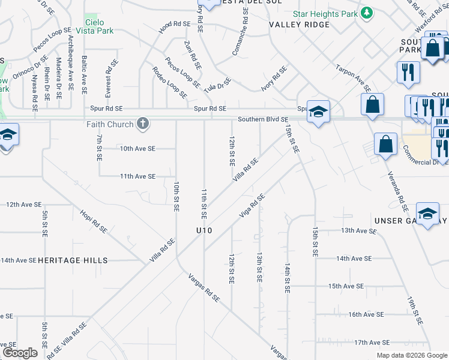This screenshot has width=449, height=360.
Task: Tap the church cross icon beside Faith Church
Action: pos(142,124)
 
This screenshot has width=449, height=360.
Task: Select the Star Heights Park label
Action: pos(324,13)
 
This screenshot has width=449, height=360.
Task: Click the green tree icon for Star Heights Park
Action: pos(366,13)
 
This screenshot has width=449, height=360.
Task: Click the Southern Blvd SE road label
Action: pos(263,119)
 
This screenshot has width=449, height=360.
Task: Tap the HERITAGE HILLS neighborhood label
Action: pos(73,260)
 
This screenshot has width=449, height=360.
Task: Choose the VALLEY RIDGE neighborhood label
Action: pos(300,25)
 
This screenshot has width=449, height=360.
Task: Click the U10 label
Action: pos(204,230)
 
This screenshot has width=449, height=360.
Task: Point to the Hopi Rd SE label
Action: pos(94,221)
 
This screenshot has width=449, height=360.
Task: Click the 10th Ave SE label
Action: pos(137,148)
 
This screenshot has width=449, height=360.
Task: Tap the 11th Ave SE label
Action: pos(137,176)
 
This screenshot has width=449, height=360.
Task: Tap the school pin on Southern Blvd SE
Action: pos(318,111)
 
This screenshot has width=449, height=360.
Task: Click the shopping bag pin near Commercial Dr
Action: pos(385,145)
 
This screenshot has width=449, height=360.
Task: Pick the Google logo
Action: pos(20,353)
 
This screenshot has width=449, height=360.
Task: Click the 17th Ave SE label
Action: pos(369,342)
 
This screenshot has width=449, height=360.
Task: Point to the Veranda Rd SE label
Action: pos(398,193)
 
